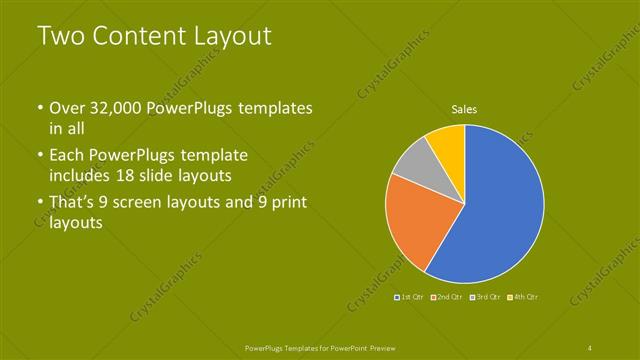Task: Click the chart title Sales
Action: tap(464, 110)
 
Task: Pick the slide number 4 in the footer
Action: tap(590, 346)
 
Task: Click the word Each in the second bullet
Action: tap(67, 156)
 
